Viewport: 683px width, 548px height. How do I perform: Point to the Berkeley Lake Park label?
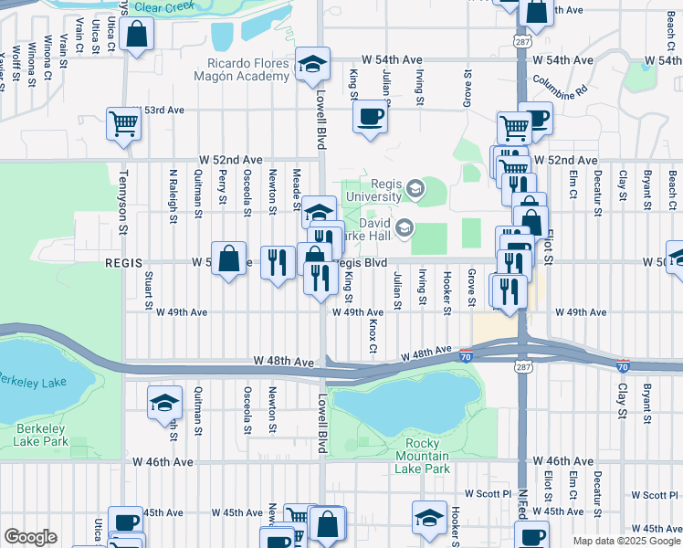coord(41,435)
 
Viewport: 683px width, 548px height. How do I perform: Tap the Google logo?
coord(30,536)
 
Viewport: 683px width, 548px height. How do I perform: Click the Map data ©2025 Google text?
coord(627,541)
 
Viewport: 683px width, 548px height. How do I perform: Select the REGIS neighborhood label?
coord(124,262)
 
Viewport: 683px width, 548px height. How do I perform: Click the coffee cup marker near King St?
coord(370,117)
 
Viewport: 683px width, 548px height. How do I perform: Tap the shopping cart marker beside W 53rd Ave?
coord(123,123)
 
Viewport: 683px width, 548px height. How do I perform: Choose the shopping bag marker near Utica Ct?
coord(136,35)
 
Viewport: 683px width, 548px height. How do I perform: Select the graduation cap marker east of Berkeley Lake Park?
coord(164,402)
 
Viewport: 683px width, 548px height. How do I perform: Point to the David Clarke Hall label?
coord(377,228)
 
